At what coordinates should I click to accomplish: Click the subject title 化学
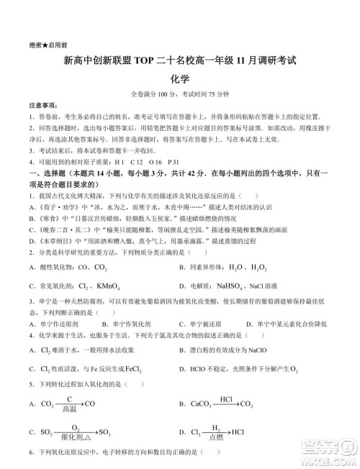pos(180,79)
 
